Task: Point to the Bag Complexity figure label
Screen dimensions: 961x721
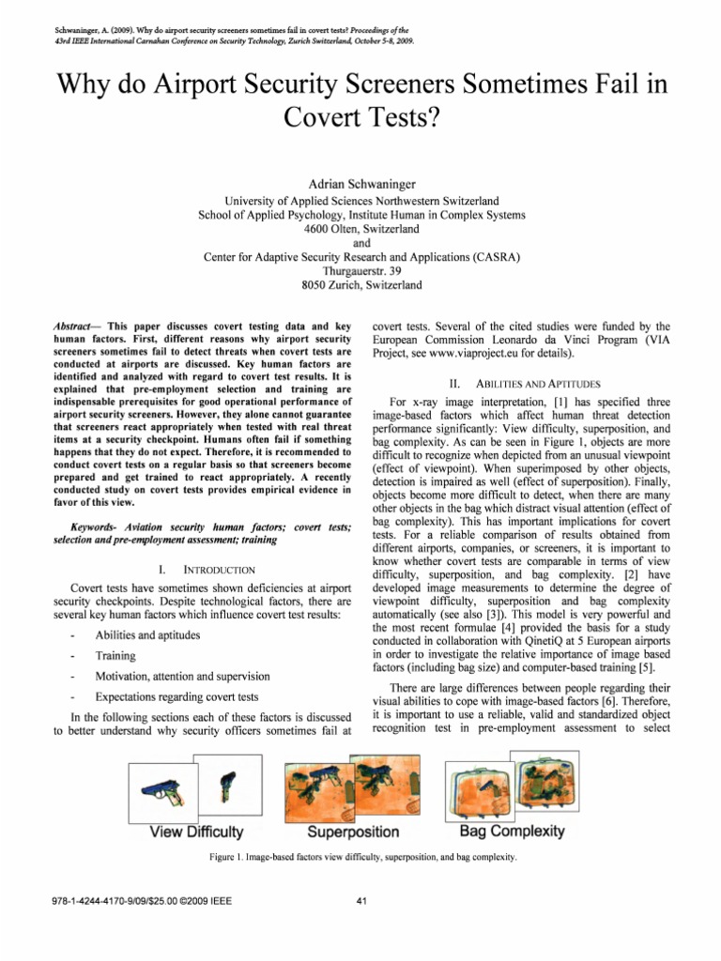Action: click(x=512, y=831)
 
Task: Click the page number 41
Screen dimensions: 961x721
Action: click(x=361, y=903)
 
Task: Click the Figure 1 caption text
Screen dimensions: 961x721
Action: click(x=360, y=857)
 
